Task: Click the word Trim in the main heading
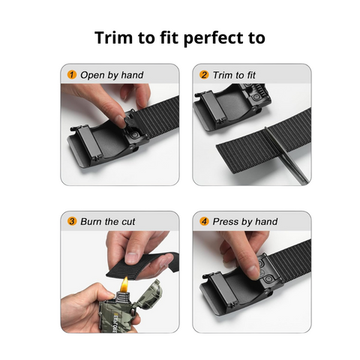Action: (114, 37)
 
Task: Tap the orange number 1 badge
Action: (72, 74)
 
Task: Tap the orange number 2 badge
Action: (204, 74)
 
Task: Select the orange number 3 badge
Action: (72, 221)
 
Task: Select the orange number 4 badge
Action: (204, 221)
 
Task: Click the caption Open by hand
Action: (112, 75)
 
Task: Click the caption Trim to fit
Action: (234, 75)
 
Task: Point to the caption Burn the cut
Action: (108, 221)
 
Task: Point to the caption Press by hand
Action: (245, 222)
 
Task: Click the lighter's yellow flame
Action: (124, 284)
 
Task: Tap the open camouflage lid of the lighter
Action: (148, 293)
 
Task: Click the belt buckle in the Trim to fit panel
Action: (232, 106)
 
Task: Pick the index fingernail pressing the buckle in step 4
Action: (253, 271)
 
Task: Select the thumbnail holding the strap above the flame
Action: (132, 257)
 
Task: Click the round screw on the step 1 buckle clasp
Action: (135, 135)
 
